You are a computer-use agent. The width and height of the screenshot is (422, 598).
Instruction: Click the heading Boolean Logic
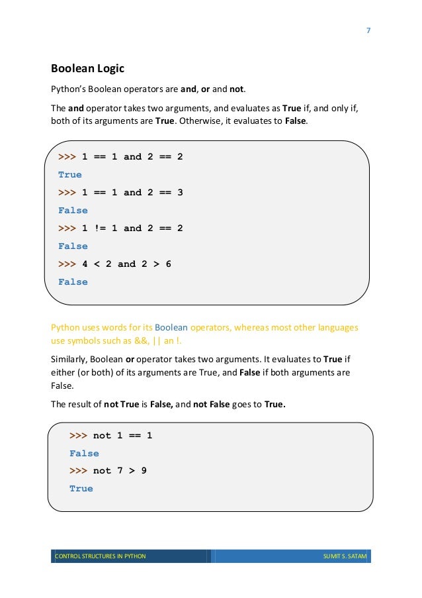(x=87, y=68)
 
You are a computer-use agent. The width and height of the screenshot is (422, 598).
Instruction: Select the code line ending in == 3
(x=120, y=193)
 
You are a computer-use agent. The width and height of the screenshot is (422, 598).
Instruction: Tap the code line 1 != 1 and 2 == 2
(x=120, y=228)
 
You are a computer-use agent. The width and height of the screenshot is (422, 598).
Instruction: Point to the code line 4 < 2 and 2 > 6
(x=114, y=264)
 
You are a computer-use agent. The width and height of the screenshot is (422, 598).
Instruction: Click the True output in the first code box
(x=70, y=175)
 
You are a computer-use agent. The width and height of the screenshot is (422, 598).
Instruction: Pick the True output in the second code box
(x=81, y=489)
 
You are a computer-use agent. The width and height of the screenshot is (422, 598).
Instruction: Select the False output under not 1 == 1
(x=84, y=454)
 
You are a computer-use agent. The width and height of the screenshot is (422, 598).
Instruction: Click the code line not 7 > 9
(x=108, y=471)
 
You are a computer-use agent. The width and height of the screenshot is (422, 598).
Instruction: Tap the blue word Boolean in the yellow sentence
(x=171, y=327)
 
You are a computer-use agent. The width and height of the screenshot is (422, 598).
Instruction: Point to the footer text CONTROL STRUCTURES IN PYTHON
(x=100, y=556)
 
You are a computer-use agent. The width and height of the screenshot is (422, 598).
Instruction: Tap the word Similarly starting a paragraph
(x=69, y=359)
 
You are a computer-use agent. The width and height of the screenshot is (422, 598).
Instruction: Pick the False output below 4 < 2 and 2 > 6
(x=73, y=282)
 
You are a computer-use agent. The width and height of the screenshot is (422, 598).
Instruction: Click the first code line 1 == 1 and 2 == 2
(x=120, y=157)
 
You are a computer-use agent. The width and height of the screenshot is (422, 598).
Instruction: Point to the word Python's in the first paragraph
(x=70, y=89)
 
